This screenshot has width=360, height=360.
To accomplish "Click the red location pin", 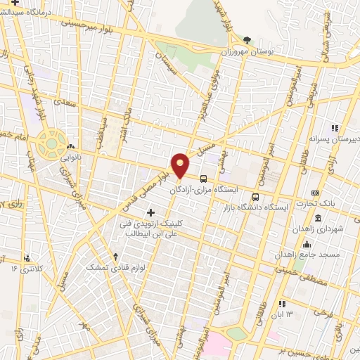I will tap(181, 165).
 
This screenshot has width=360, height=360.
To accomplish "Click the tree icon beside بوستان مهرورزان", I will tap(245, 40).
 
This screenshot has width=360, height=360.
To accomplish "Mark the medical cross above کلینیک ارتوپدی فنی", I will tap(150, 212).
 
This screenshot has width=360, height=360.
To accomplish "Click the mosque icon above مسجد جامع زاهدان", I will tap(307, 244).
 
